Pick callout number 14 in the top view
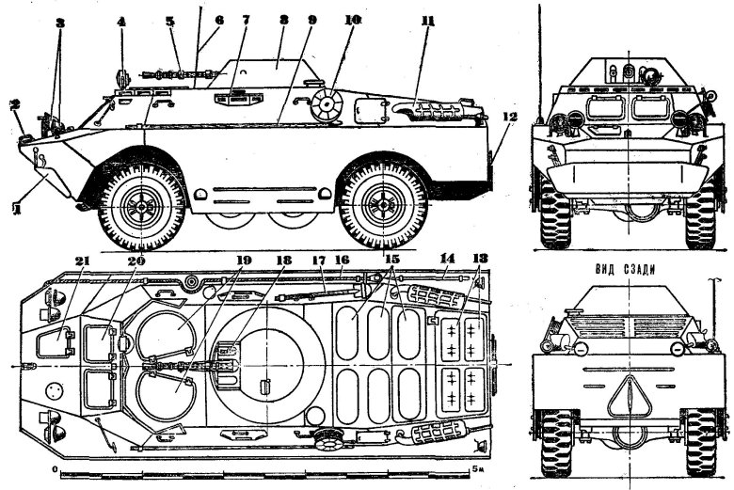[448, 260]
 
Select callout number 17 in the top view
[319, 261]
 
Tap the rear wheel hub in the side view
[383, 202]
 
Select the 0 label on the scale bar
[56, 467]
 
